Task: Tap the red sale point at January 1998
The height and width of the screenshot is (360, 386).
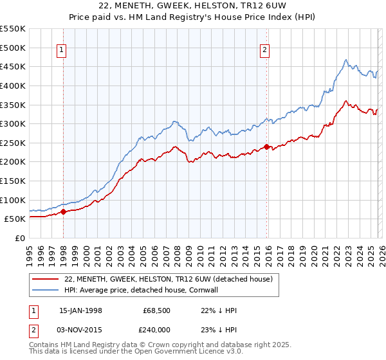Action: coord(63,212)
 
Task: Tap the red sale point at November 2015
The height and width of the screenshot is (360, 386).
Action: coord(266,147)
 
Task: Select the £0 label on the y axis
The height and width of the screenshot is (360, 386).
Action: coord(20,238)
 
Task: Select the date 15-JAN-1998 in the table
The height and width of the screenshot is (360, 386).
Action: coord(80,310)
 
